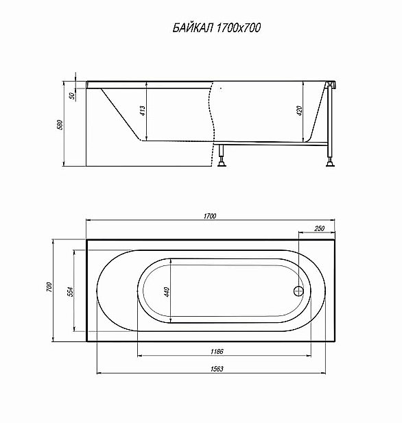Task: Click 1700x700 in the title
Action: pos(237,28)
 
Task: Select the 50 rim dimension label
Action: pos(71,95)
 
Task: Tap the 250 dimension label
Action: pos(318,228)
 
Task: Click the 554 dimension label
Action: pos(70,291)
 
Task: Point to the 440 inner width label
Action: pos(167,291)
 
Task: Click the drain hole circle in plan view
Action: pos(298,290)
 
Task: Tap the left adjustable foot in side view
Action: pos(222,160)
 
